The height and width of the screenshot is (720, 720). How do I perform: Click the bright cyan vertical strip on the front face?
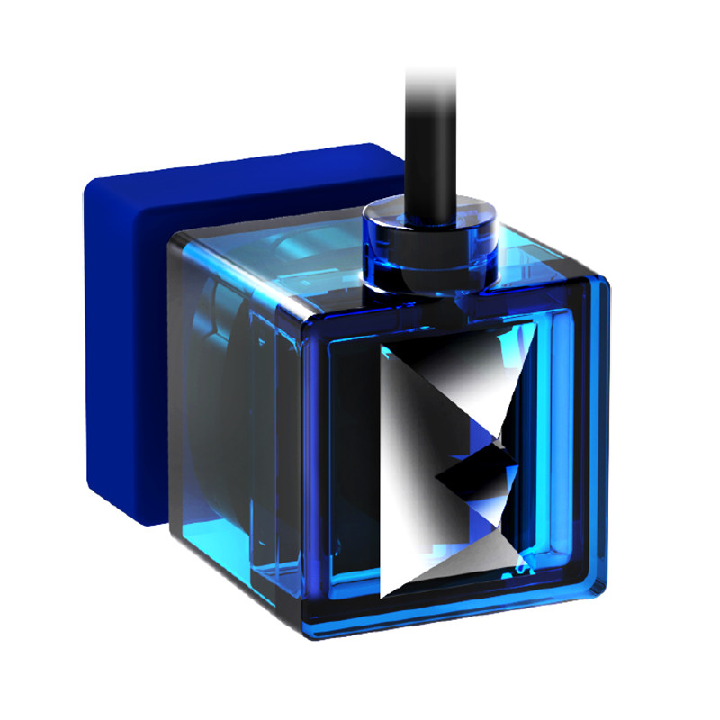click(x=553, y=450)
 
